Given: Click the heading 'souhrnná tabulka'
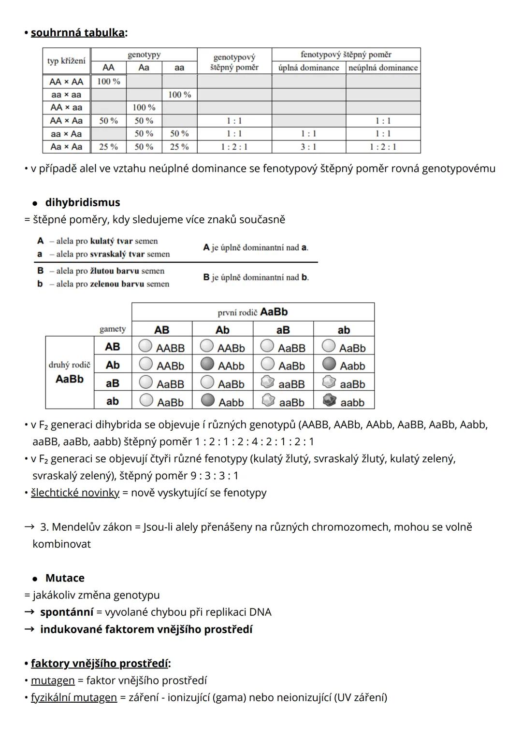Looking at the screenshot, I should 77,33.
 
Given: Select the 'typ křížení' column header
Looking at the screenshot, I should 66,61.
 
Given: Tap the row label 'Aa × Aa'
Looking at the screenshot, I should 66,147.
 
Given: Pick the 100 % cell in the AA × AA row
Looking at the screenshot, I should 108,81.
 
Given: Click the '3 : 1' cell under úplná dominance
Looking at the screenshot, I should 308,147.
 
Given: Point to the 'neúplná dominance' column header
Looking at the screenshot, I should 383,68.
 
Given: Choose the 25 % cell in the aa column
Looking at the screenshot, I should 179,147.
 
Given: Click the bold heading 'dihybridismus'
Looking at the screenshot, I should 83,202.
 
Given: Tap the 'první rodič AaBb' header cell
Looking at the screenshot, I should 253,312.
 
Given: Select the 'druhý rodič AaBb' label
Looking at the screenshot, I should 70,372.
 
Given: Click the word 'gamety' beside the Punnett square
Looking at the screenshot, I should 113,329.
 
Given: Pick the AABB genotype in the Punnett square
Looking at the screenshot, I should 170,348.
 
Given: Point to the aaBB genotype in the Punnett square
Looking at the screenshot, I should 292,384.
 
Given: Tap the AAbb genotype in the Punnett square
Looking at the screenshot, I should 231,366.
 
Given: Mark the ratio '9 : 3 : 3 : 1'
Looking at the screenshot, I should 214,476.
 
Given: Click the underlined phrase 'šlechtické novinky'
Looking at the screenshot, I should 75,493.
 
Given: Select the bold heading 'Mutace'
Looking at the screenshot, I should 65,578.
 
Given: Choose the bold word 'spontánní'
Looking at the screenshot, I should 67,612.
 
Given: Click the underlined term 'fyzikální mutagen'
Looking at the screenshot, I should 74,697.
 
